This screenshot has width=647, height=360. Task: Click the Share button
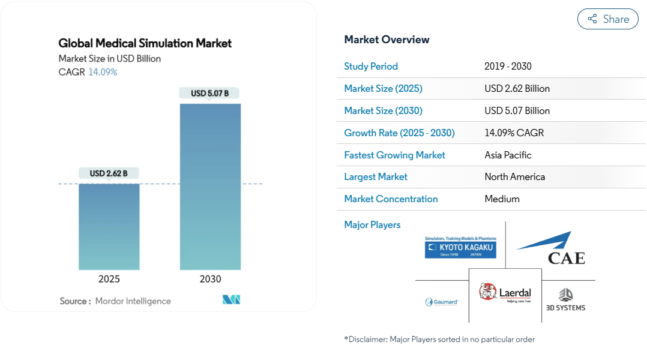point(608,19)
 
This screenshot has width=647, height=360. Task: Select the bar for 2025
point(109,227)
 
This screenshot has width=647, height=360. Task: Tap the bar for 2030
point(211,187)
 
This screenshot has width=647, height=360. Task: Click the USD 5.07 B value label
point(209,93)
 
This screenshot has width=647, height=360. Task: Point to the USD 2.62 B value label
point(109,173)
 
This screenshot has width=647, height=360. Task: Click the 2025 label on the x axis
point(109,279)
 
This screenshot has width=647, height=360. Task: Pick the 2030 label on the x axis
point(211,279)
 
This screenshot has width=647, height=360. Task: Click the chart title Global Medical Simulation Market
point(145,43)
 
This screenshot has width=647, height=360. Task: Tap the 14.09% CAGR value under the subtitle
point(103,72)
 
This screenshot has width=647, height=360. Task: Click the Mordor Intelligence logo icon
point(231,299)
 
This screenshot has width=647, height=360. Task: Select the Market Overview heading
point(387,40)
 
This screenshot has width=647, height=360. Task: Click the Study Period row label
point(371,67)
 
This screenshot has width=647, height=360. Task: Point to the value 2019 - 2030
point(508,67)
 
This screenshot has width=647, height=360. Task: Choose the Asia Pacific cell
point(508,155)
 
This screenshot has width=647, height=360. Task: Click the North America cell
point(515,177)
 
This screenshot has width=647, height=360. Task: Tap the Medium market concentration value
point(502,199)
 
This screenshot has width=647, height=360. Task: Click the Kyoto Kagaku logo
point(460,247)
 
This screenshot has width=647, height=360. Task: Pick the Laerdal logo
point(505,293)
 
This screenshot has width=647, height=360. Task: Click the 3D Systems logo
point(566,300)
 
